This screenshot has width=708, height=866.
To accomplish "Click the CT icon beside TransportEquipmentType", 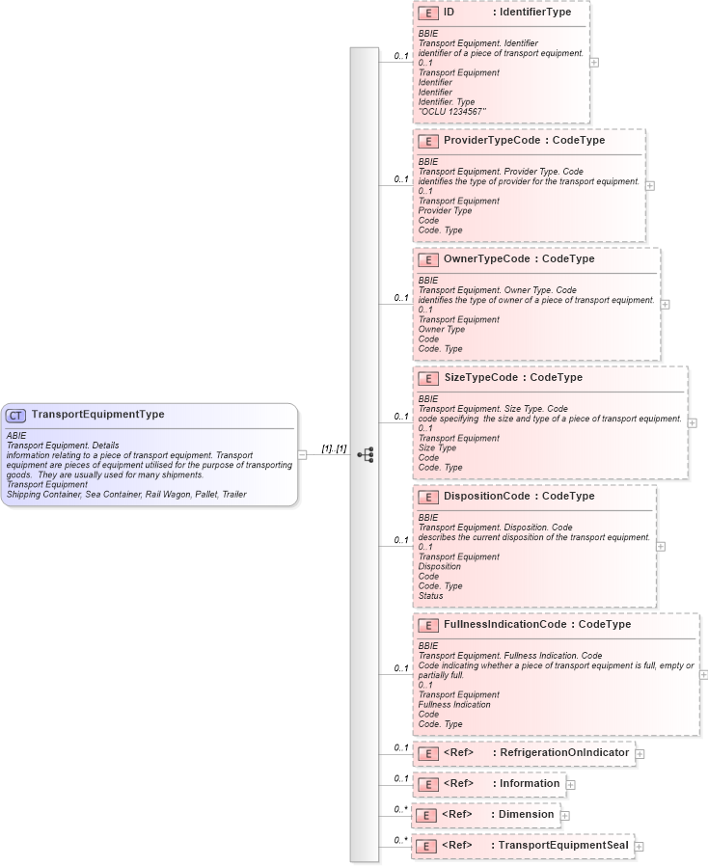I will point(16,416).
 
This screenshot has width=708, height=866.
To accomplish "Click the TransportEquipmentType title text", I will point(97,415).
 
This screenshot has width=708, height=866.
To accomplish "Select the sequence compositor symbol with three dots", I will point(366,454).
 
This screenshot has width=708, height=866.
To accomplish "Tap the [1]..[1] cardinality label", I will point(334,448).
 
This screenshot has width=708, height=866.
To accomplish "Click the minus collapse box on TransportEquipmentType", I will point(303,454).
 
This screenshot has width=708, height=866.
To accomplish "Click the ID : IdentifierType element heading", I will point(506,13).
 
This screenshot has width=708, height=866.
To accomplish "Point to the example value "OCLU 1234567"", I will point(452,112).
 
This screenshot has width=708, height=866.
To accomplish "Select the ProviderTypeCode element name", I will point(492,141).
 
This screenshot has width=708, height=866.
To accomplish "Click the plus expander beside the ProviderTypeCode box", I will point(650,185).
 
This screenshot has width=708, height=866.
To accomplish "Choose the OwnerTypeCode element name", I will point(487,259).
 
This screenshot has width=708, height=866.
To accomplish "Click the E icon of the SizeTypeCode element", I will point(427,378).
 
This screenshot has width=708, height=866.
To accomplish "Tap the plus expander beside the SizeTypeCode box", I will point(693,422).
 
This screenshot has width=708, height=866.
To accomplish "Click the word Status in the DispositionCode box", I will point(431,596).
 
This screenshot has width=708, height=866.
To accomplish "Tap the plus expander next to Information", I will point(571,784).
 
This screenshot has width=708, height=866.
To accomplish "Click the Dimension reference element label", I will point(525,815).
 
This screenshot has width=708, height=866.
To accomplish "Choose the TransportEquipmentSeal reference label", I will point(561,846).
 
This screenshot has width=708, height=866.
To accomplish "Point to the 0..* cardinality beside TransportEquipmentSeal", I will point(400,841).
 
